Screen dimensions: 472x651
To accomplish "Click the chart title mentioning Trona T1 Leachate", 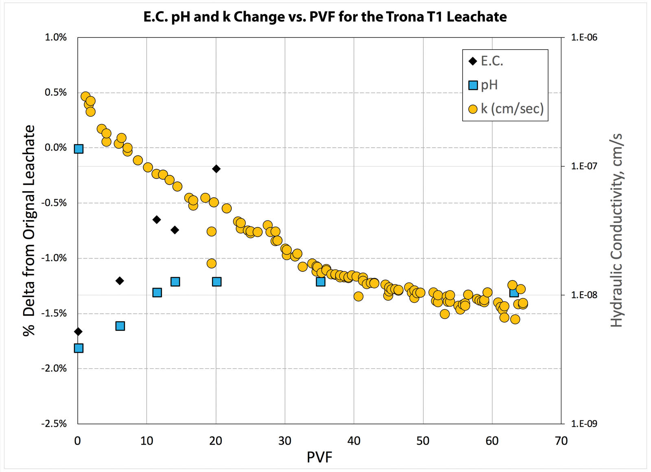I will coord(325,17).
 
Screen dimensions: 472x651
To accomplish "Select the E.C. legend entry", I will coord(487,61).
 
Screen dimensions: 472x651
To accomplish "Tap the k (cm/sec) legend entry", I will coord(506,109).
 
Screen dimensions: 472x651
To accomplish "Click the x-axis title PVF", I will coord(319,457).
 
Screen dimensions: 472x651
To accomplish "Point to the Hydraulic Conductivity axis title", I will coord(617,230).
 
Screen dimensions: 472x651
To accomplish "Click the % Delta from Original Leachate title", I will coord(29,230).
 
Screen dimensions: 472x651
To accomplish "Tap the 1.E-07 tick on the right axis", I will coord(584,166).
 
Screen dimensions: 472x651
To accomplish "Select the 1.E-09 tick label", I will coord(584,424).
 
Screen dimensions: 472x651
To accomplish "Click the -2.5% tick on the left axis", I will coord(54,424).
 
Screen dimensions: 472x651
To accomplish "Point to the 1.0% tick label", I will coord(55,37).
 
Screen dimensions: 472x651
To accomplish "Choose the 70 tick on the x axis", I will coord(561,441).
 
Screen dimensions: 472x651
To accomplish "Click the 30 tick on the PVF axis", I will coord(285,441).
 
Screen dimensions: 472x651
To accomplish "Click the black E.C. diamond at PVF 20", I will coord(216,169).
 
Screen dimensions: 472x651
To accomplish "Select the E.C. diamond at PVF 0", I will coord(78,332).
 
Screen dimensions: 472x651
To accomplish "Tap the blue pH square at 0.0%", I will coord(79,149).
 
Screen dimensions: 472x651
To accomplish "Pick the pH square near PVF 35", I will coord(321,282).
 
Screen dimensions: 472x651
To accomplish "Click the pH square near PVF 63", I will coord(514,293).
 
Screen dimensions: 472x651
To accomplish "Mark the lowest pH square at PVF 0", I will coord(79,348).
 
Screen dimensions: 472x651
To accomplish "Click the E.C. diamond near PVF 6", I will coord(120,281).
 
